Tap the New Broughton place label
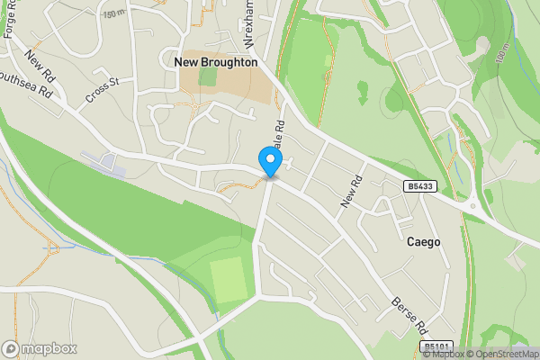point(215,62)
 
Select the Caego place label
point(424,242)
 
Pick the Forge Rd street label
point(11,18)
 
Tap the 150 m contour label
point(114,13)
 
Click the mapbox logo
point(40,348)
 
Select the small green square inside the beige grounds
point(208,76)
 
